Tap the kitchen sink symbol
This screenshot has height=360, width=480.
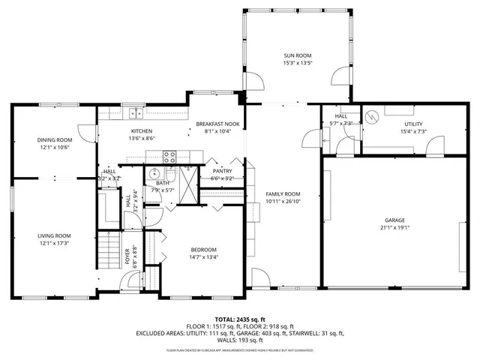coord(136,113)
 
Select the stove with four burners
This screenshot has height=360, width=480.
coord(170,157)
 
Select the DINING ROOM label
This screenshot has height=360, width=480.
coord(54,139)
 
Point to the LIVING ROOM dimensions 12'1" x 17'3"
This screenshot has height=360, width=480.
coord(54,243)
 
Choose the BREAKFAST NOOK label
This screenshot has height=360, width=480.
coord(217,123)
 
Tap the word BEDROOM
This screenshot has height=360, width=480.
coord(202,250)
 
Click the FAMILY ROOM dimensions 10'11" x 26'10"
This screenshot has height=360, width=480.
coord(283,202)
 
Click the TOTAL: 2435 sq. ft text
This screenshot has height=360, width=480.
coord(239,319)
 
